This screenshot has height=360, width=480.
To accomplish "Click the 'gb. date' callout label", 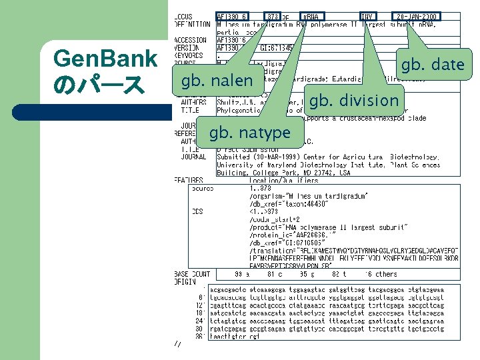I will point(432,65).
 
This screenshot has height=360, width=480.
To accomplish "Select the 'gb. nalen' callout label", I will point(213,81).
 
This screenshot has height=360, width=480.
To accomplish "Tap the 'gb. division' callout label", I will point(354,101).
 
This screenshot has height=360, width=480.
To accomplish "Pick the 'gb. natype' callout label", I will point(250,133).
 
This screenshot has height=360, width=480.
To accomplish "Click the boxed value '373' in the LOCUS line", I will point(273,16).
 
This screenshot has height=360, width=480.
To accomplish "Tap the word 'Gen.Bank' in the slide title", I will point(105,60).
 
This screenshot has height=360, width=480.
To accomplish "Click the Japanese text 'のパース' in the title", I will point(97,85).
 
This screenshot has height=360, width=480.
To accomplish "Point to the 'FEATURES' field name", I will point(189,180).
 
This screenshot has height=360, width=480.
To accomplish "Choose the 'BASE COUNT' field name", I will point(193,274).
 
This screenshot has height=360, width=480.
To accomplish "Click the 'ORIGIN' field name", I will point(186,281).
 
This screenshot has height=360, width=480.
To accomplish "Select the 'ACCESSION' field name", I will point(191,40).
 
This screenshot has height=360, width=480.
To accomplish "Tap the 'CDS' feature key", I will point(197,212).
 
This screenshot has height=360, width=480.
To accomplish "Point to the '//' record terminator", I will point(177,344).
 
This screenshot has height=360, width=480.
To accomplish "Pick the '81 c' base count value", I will point(275,274).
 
